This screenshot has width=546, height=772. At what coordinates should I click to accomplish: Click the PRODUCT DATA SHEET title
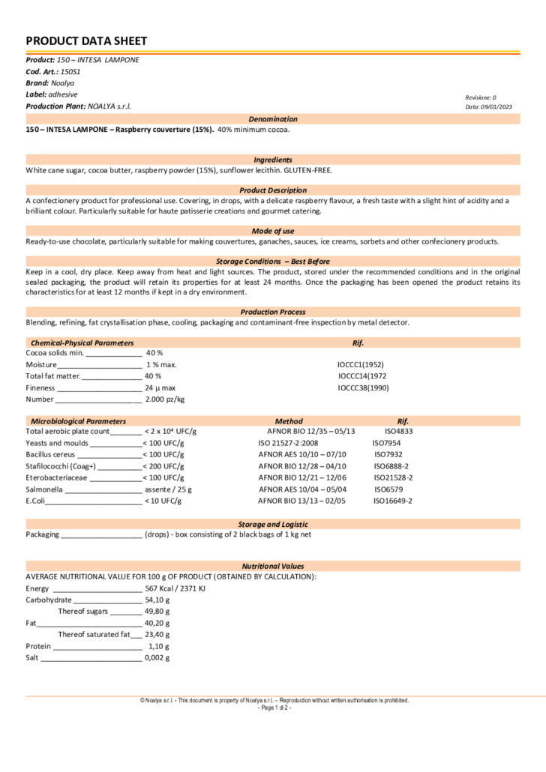(x=86, y=41)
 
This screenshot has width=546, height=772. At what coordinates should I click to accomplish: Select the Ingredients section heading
(x=273, y=160)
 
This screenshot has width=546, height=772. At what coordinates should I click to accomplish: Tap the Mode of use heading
(x=273, y=231)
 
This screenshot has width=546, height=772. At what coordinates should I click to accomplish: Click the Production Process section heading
(x=273, y=312)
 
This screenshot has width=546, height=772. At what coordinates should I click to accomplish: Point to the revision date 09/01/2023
(x=496, y=106)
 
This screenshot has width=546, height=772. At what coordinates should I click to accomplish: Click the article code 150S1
(x=70, y=71)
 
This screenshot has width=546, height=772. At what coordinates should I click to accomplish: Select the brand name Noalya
(x=62, y=83)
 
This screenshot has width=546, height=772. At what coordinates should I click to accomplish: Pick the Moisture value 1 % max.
(x=161, y=364)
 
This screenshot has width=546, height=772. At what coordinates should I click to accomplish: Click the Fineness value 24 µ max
(x=160, y=388)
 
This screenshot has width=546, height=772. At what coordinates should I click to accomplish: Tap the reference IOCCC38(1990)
(x=363, y=388)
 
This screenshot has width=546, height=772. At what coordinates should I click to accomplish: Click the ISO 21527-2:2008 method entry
(x=288, y=443)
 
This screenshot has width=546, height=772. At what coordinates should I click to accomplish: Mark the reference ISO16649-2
(x=393, y=501)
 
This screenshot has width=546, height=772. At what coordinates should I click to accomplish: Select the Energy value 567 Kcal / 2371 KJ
(x=175, y=588)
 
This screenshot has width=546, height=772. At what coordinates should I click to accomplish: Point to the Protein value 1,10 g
(x=158, y=646)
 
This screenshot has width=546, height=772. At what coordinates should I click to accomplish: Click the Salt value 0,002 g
(x=157, y=658)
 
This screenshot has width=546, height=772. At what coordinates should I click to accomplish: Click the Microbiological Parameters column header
(x=78, y=421)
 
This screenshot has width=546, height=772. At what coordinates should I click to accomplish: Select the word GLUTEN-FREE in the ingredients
(x=307, y=170)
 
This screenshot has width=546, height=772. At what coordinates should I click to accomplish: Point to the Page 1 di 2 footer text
(x=274, y=708)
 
